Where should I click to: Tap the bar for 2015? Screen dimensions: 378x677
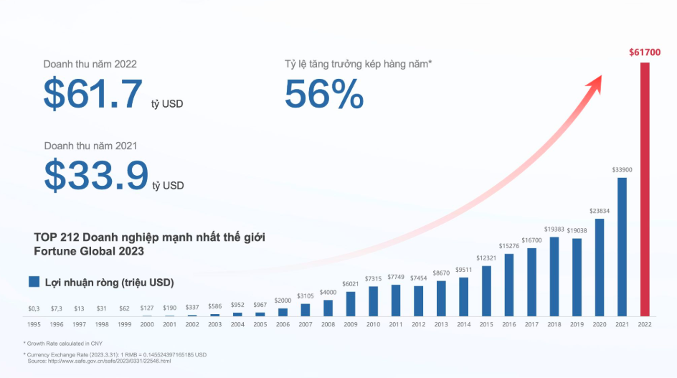point(486,290)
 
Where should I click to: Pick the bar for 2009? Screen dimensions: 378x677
point(351,303)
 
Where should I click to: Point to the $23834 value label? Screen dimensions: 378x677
point(600,211)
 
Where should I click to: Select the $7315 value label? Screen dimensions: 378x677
point(373,278)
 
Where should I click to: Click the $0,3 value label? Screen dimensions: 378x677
point(34,308)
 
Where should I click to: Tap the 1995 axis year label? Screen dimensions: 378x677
point(34,324)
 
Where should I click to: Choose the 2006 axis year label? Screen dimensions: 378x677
point(283,324)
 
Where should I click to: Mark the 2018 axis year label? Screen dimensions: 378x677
point(554,324)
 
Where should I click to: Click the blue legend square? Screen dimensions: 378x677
point(34,282)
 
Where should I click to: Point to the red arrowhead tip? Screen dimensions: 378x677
point(600,77)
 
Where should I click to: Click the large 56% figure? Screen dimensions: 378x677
point(324,94)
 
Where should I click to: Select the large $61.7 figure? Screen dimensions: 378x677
point(93,94)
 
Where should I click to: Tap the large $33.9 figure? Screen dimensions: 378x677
point(96,176)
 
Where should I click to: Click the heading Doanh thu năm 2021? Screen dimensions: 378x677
point(90,146)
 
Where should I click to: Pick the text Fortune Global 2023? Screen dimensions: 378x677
point(89,251)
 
